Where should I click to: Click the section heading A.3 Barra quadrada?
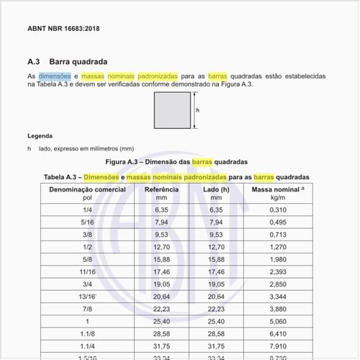click(x=68, y=62)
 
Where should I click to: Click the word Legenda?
click(x=40, y=135)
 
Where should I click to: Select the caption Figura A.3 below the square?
click(x=176, y=162)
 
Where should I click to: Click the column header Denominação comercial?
click(x=87, y=189)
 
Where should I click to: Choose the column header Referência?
click(x=161, y=189)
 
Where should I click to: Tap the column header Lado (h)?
click(x=216, y=189)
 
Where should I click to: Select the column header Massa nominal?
click(x=277, y=189)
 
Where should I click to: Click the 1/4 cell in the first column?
click(x=87, y=210)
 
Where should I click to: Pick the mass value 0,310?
click(x=278, y=210)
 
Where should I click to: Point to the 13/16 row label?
click(x=87, y=296)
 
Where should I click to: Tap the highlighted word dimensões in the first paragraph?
click(x=54, y=75)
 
